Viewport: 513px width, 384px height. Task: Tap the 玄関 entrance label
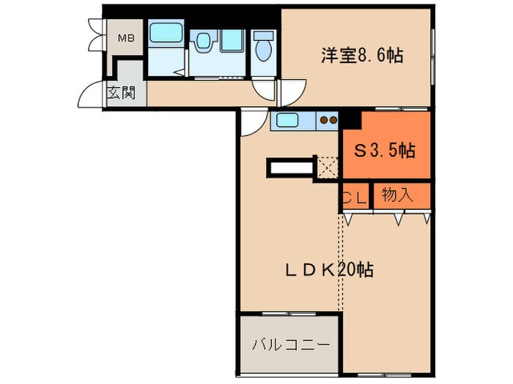(121, 93)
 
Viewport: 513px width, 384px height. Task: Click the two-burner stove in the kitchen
(328, 121)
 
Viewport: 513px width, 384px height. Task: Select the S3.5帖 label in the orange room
(385, 151)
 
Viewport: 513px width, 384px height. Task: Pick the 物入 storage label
(398, 195)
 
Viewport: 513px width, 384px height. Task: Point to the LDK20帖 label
(329, 269)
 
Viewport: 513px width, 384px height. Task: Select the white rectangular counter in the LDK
(291, 168)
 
